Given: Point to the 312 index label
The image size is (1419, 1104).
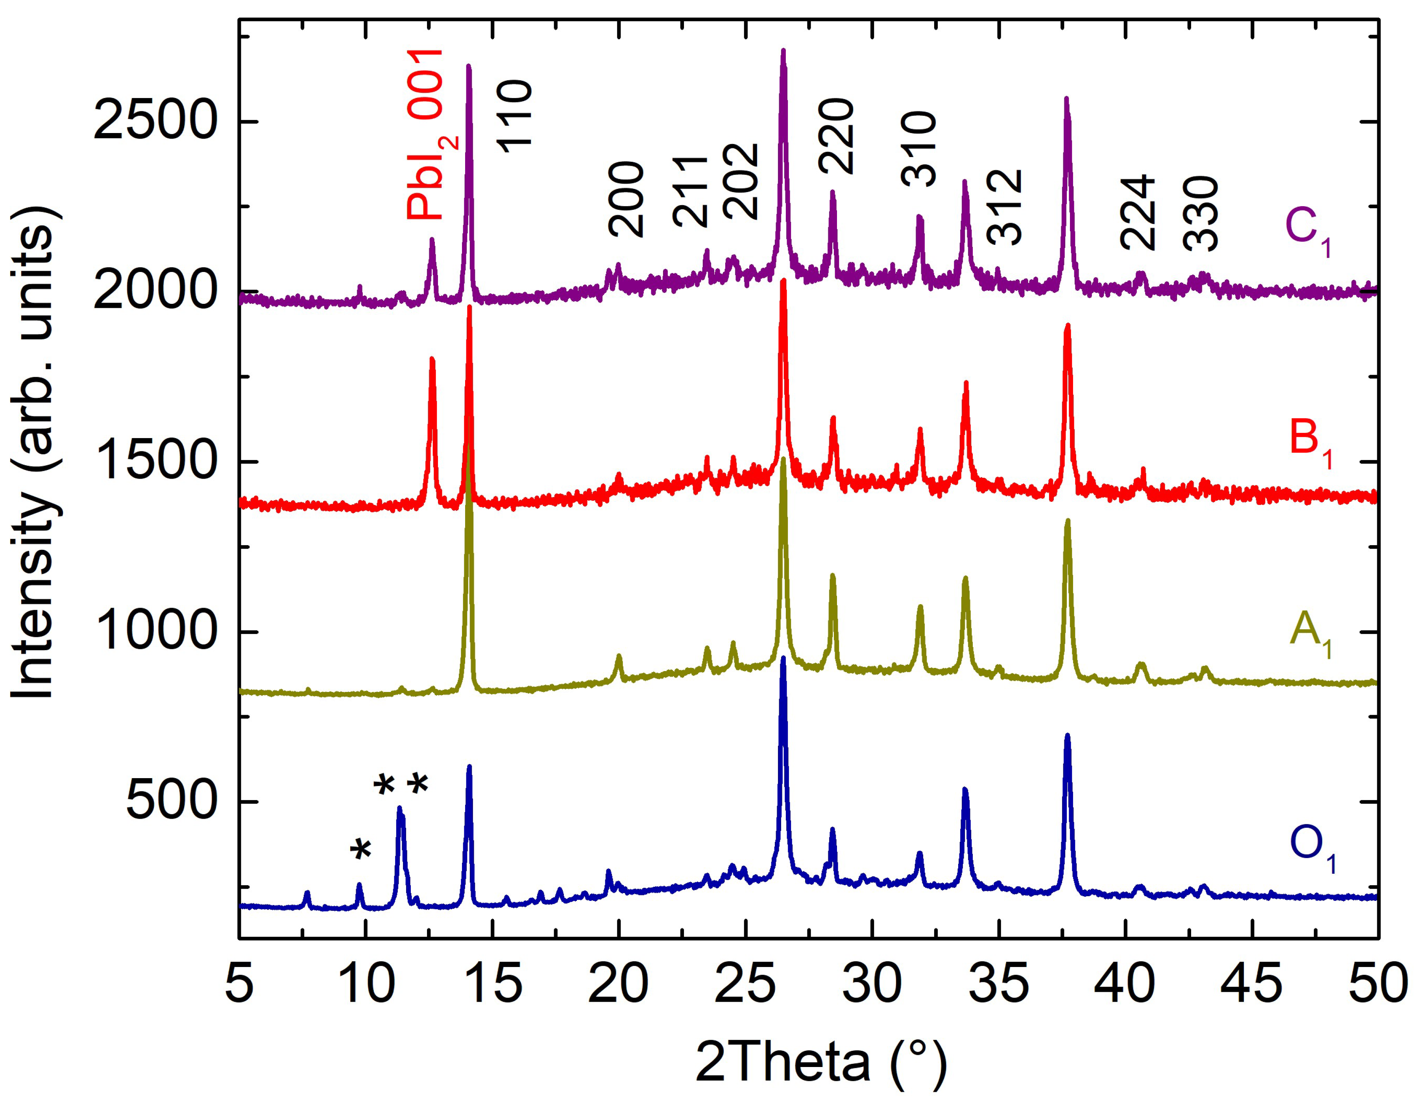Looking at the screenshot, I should [x=1005, y=207].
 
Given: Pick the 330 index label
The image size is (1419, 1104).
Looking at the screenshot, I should [x=1200, y=214].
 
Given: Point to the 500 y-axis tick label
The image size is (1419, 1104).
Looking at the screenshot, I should [x=170, y=802].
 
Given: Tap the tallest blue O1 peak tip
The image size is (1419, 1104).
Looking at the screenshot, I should [x=783, y=658].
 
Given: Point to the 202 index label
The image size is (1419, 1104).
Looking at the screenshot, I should [x=740, y=181].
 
